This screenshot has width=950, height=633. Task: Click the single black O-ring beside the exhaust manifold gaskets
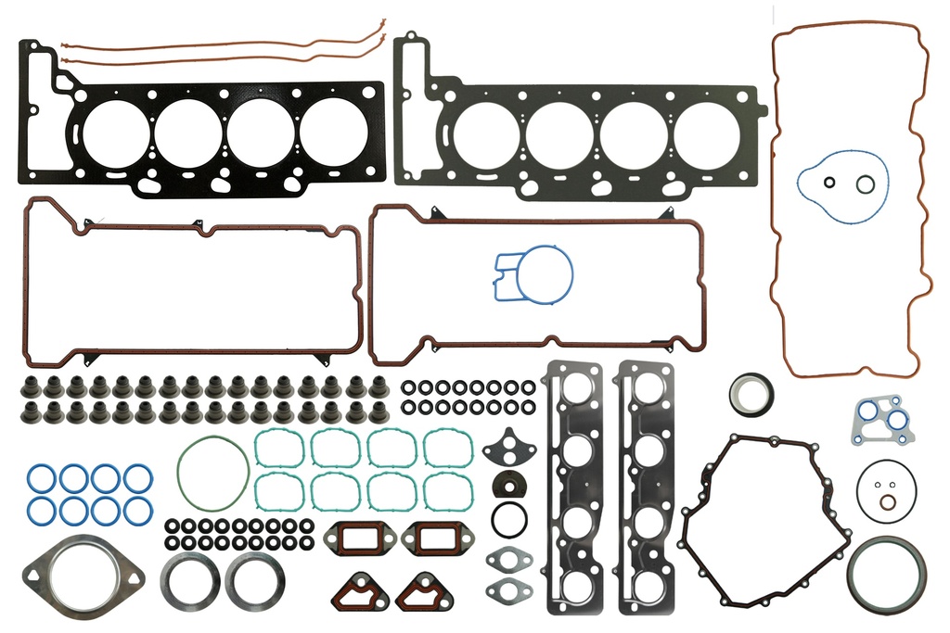click(509, 520)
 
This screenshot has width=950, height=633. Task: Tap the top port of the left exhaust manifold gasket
click(577, 388)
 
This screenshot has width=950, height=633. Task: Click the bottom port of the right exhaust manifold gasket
click(646, 587)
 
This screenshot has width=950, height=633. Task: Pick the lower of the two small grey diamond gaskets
click(507, 588)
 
